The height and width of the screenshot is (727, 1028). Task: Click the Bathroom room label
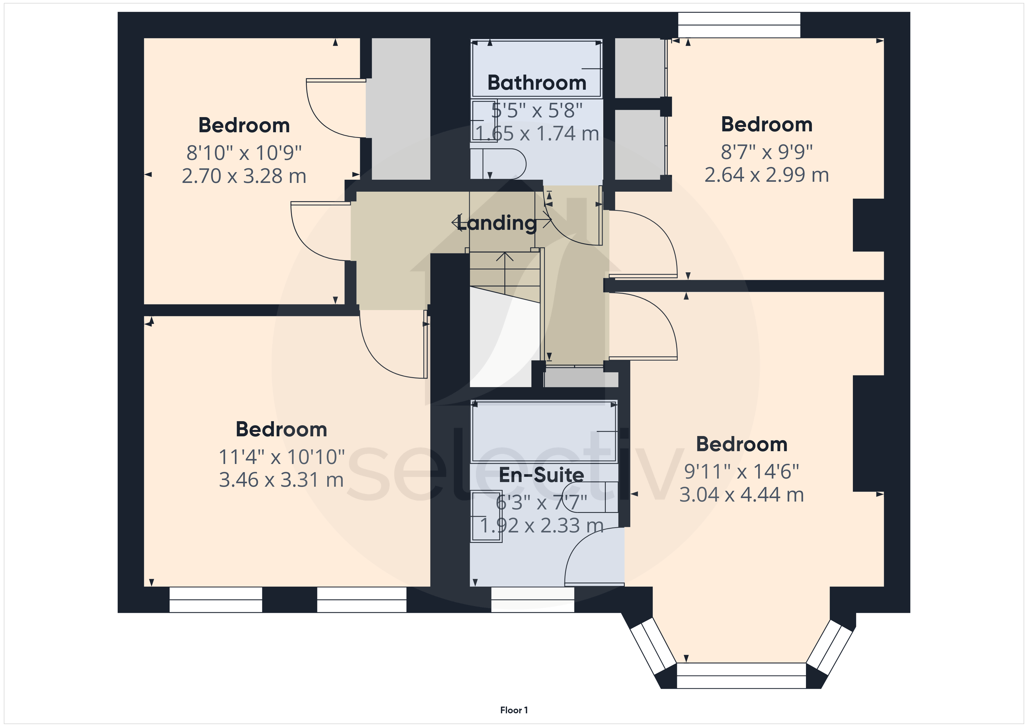click(x=537, y=83)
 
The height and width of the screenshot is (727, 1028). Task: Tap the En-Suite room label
click(x=541, y=475)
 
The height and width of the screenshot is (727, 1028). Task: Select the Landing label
click(x=497, y=223)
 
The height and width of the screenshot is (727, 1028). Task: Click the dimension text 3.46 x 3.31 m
click(x=281, y=480)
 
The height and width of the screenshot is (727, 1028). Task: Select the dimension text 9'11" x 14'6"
click(x=742, y=471)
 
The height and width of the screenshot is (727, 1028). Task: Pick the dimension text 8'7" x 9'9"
click(x=767, y=152)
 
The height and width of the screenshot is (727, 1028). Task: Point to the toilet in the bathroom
click(x=498, y=164)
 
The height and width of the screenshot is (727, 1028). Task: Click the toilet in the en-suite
click(x=590, y=497)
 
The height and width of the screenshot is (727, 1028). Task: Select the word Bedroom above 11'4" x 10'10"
click(x=281, y=429)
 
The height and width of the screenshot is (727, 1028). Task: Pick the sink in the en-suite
click(x=486, y=517)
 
